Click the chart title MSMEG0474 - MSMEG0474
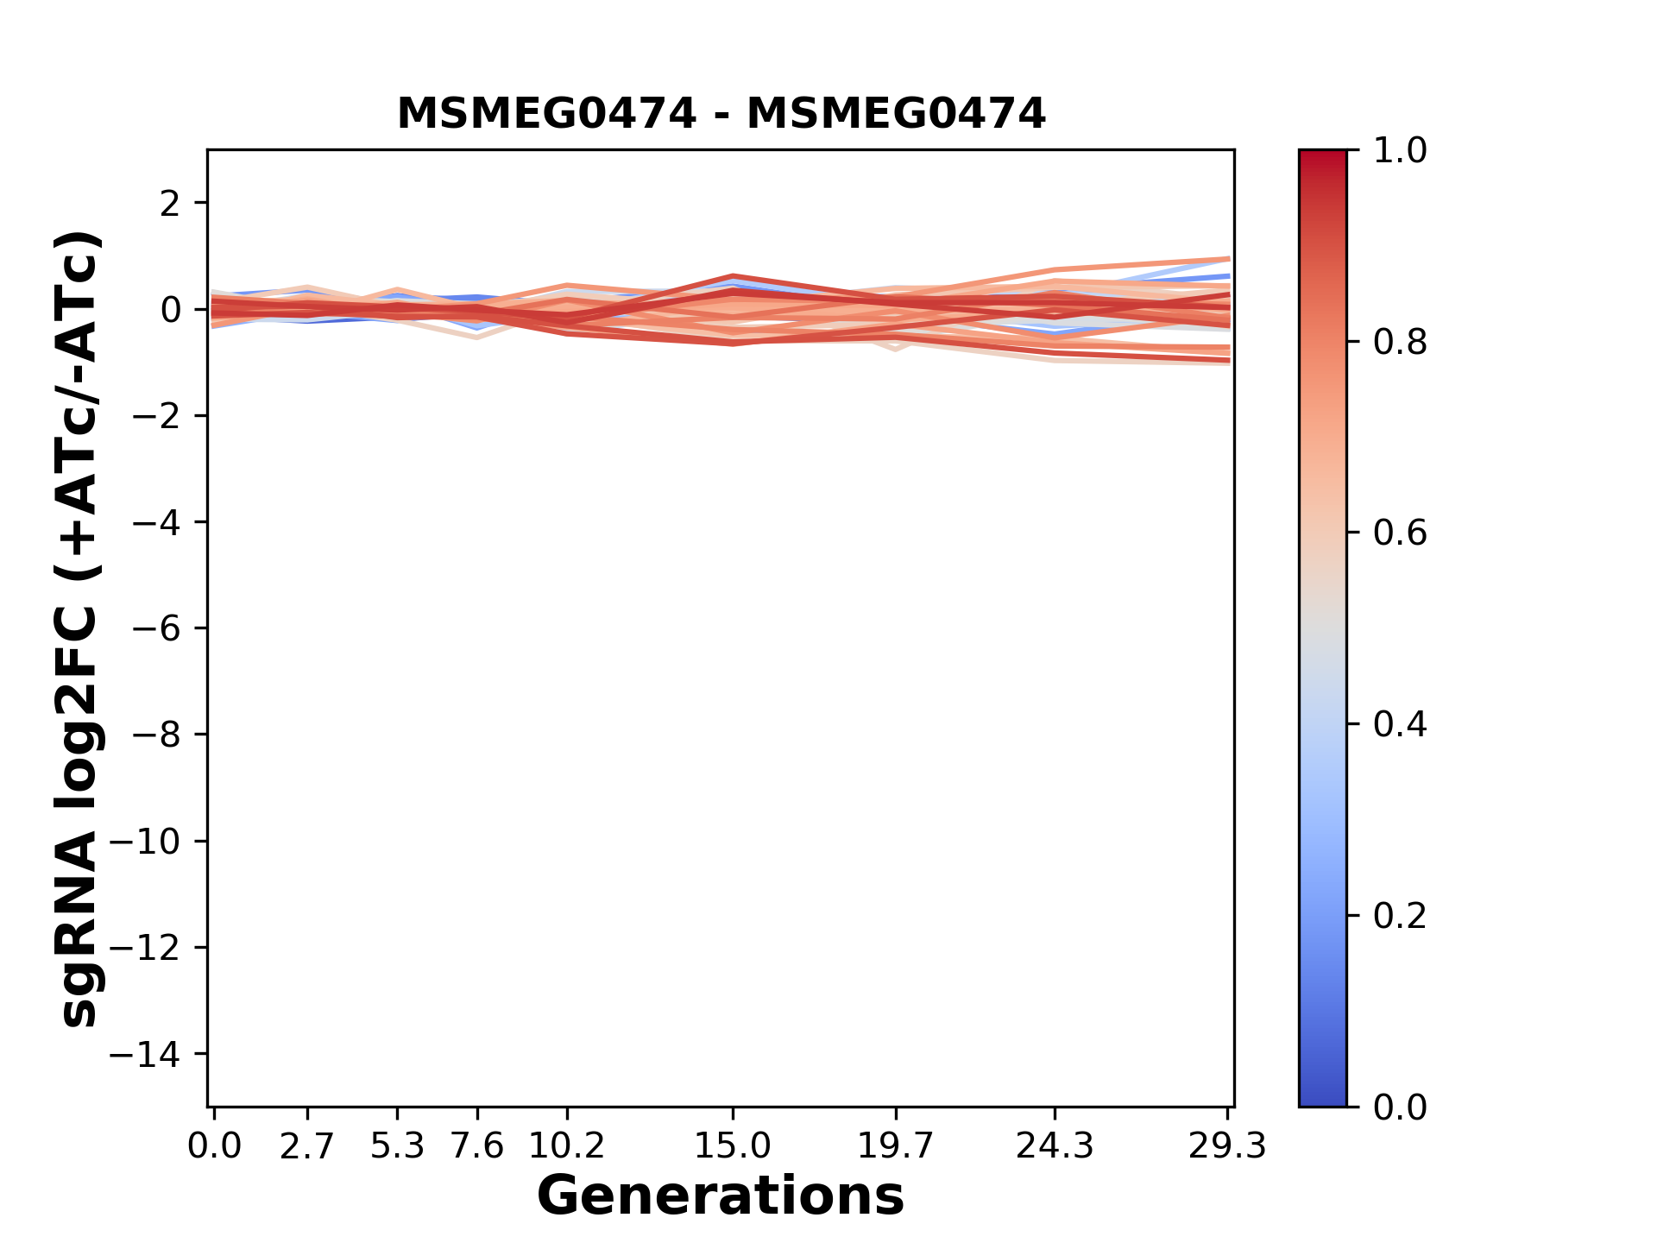(x=721, y=114)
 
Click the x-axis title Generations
(x=721, y=1196)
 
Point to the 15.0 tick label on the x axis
(x=733, y=1146)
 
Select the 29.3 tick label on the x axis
(x=1227, y=1146)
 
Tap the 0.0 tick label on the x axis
(x=215, y=1146)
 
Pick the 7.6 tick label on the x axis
(x=477, y=1146)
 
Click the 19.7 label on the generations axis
(x=896, y=1146)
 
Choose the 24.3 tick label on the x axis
(x=1055, y=1146)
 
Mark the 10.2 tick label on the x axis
(x=566, y=1146)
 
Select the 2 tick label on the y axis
(x=171, y=204)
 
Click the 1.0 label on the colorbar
(x=1400, y=151)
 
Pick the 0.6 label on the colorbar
(x=1400, y=533)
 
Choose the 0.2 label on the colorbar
(x=1400, y=916)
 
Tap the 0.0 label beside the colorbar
(x=1400, y=1107)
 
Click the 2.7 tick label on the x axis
(x=307, y=1146)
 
